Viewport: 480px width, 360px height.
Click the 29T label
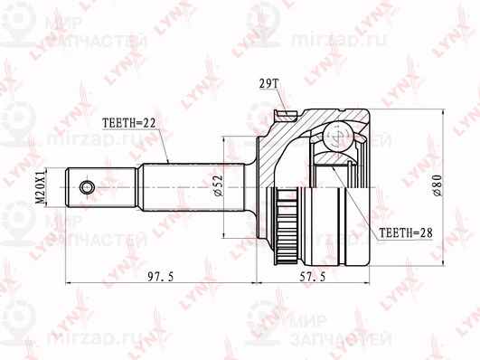pos(268,83)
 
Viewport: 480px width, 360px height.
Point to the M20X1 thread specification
pos(39,187)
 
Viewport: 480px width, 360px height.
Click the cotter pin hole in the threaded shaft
pos(86,187)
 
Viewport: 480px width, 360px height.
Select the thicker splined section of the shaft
pos(190,187)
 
